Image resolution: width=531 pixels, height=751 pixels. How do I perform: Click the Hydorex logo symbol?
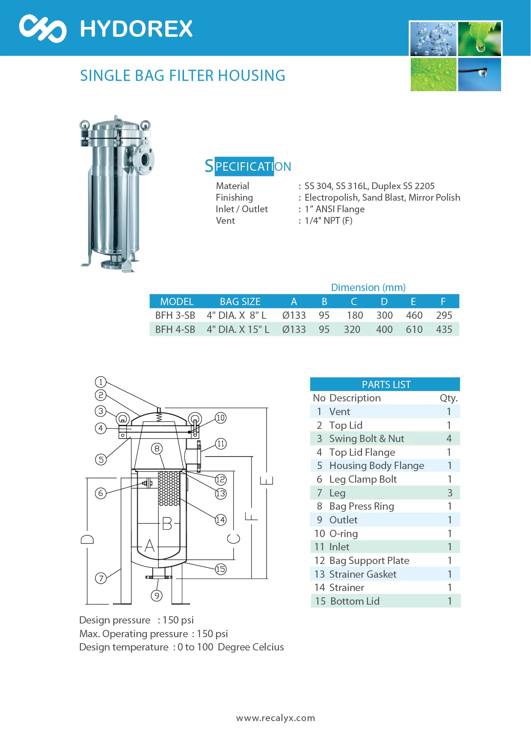click(x=43, y=29)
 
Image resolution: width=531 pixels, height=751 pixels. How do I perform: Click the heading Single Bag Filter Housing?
click(x=183, y=76)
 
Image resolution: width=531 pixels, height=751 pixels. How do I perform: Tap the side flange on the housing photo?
click(x=144, y=160)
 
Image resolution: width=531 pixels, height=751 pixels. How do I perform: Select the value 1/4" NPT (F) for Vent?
click(x=329, y=221)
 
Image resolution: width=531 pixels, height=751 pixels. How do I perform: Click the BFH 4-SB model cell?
click(x=175, y=329)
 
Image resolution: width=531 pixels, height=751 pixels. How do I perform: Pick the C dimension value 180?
click(x=355, y=315)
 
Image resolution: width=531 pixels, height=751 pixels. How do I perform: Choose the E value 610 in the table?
click(x=414, y=329)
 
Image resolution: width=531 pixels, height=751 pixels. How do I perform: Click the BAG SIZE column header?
click(x=240, y=302)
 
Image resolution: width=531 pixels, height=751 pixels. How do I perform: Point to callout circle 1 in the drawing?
click(x=101, y=382)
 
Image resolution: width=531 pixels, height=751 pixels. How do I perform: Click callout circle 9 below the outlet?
click(x=157, y=596)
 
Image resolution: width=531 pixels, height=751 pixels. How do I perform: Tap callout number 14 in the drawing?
click(x=220, y=520)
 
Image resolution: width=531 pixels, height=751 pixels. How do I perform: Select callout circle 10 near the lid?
click(x=220, y=418)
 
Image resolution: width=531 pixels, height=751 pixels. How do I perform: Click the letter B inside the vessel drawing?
click(x=167, y=523)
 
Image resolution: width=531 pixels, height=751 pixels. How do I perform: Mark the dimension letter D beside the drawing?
click(x=87, y=539)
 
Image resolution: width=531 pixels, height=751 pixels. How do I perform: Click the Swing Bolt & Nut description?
click(x=366, y=439)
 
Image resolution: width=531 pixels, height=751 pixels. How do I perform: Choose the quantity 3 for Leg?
click(x=450, y=493)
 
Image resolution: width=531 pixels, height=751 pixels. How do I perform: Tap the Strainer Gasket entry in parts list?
click(x=363, y=574)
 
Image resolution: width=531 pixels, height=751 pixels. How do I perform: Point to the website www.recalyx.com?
click(x=276, y=718)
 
